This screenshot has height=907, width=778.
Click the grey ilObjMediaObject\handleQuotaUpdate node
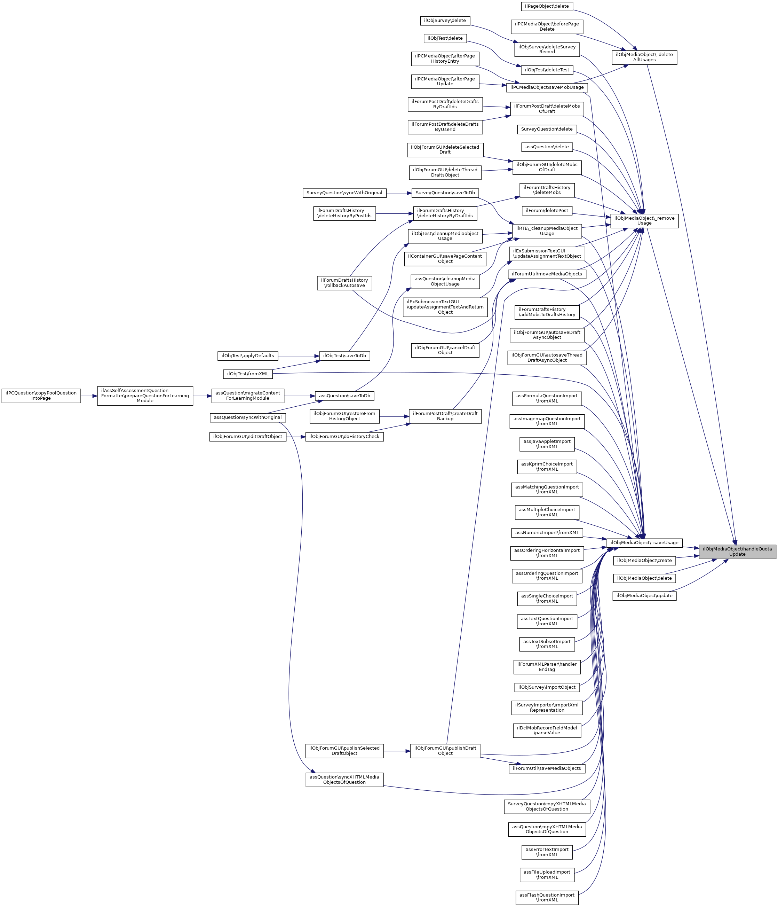pos(737,552)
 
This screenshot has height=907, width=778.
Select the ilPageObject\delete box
pos(547,7)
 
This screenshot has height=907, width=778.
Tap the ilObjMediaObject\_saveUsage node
pos(644,543)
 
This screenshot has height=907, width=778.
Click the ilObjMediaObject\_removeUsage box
pos(644,221)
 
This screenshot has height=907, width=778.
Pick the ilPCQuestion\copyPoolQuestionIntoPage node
pos(41,395)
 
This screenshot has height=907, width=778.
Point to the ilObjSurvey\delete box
pos(445,21)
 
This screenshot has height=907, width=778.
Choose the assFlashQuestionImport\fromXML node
pos(547,897)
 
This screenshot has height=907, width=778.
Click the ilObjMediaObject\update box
pos(644,596)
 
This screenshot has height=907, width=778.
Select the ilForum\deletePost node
pos(547,211)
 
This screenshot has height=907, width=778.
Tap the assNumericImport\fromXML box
pos(547,533)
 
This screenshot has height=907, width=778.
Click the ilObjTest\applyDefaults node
pos(248,356)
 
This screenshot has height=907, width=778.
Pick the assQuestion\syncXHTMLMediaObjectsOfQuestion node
pos(344,780)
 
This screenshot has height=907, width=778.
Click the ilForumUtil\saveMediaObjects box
pos(547,768)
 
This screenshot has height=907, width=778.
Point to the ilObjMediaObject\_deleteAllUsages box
pos(644,57)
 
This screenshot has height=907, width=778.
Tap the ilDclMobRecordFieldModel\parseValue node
pos(547,730)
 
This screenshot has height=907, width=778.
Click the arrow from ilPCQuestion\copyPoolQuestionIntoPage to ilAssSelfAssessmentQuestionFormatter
pos(89,396)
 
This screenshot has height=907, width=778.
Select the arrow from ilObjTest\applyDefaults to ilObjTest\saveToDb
pos(299,356)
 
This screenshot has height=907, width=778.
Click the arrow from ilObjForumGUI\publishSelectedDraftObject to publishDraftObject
pos(397,751)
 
